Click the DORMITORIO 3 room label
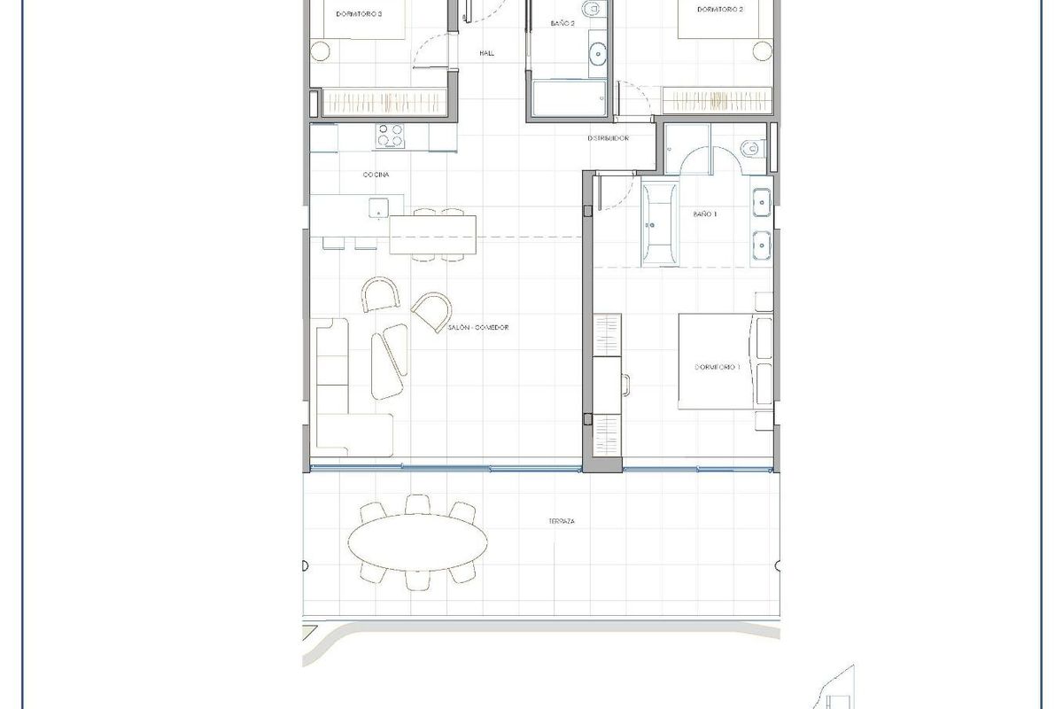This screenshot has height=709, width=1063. tap(359, 13)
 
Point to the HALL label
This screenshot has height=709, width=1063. tap(486, 54)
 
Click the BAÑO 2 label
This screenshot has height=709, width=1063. tap(563, 24)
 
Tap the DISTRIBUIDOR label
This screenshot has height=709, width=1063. tap(609, 139)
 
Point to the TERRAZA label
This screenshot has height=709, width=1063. tap(562, 522)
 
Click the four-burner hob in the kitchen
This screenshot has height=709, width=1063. tap(391, 136)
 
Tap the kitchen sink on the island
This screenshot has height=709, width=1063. tap(378, 209)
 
